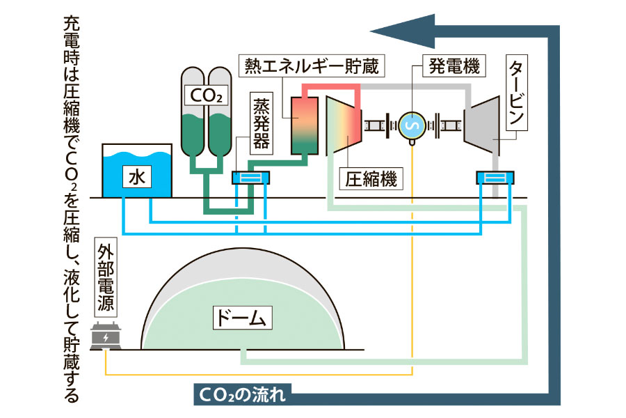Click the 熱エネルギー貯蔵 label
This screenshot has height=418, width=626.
[x=312, y=67]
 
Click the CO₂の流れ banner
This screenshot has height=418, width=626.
[x=246, y=395]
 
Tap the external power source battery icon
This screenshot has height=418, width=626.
[x=106, y=339]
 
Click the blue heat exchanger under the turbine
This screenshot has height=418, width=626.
[x=495, y=178]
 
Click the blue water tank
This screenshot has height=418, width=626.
[x=136, y=171]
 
